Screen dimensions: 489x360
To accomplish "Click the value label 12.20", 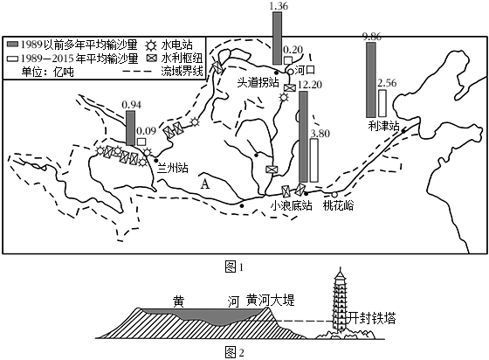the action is point(310,85).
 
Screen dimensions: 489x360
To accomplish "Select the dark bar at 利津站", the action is point(371,80).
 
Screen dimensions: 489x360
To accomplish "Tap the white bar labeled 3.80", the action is point(314,161).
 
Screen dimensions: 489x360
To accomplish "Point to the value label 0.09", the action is point(146,130).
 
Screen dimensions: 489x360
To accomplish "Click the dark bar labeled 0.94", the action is point(131,128).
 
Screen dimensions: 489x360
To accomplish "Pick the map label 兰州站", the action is point(173,168).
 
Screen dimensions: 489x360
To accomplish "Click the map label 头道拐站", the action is point(258,83).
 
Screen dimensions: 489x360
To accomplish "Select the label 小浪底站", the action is point(292,205).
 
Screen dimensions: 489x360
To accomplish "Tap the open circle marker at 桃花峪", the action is point(334,195).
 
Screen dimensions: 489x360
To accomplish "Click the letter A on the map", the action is point(205,184).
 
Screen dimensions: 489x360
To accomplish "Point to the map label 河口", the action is point(305,70).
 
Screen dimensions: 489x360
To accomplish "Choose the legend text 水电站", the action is point(176,45).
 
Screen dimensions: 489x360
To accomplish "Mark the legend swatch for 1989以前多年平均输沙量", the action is point(13,44).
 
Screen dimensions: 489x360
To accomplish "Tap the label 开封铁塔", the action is point(372,319).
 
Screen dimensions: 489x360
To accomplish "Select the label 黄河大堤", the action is point(270,301).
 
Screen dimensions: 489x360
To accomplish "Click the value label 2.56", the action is point(387,83).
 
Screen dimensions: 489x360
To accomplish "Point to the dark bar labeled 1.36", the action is point(277,38).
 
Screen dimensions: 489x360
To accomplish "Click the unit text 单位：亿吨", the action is point(48,72).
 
